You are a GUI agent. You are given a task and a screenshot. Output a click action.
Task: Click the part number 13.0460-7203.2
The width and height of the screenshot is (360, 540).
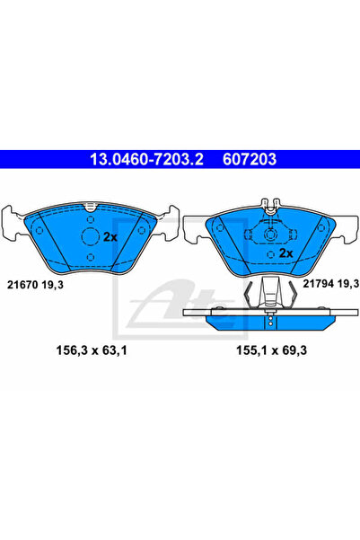point(146,159)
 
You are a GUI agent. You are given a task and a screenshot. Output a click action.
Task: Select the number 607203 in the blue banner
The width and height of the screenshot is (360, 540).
point(250,159)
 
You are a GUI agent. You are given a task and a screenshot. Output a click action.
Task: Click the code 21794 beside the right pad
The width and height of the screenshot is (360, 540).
point(319,283)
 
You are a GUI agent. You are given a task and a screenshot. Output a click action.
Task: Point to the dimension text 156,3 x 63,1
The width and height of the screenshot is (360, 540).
point(92,350)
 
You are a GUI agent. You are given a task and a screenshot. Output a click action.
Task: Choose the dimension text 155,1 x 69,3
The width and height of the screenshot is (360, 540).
point(271,350)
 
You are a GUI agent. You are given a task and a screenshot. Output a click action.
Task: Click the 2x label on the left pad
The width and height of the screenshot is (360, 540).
point(110,237)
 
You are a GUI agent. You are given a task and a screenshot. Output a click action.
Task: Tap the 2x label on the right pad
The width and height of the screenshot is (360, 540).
point(285,253)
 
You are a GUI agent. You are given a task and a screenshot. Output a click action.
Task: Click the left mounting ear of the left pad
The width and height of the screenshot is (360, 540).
point(11,222)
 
